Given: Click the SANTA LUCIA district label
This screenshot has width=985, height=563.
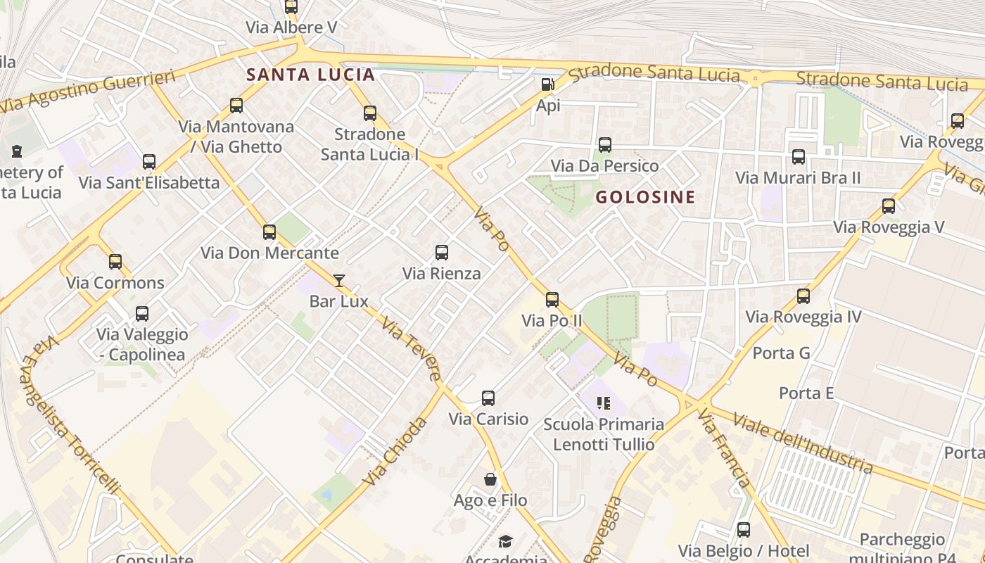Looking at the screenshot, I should point(310,75).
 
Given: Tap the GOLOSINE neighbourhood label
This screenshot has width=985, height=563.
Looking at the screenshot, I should point(645,197).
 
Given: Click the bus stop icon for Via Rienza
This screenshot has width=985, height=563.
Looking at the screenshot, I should point(442,253).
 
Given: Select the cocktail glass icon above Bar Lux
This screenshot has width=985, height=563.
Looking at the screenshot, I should point(339,281).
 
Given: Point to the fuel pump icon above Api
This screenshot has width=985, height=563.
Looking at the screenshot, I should point(547,85).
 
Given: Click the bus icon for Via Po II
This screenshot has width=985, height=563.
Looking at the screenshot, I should point(552,300).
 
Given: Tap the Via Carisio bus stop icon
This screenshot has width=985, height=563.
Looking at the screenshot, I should point(488,398).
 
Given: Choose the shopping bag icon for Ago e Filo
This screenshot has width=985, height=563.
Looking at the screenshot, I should point(490,479).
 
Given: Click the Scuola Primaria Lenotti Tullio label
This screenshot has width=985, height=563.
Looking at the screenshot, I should point(604,434).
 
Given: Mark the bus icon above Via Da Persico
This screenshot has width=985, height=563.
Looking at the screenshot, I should point(604,146).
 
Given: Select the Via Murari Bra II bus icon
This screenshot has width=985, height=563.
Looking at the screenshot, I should point(799,157).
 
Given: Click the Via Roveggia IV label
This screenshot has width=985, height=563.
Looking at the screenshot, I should point(803,317).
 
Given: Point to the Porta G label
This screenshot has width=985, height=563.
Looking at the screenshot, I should point(782,353).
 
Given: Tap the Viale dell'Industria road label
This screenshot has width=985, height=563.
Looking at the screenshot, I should point(802,443).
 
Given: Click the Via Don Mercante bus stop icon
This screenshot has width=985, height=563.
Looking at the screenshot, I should point(269,232).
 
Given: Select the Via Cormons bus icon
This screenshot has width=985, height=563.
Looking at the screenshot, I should point(115,262).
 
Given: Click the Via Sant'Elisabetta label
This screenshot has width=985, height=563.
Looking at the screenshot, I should point(149,182).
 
